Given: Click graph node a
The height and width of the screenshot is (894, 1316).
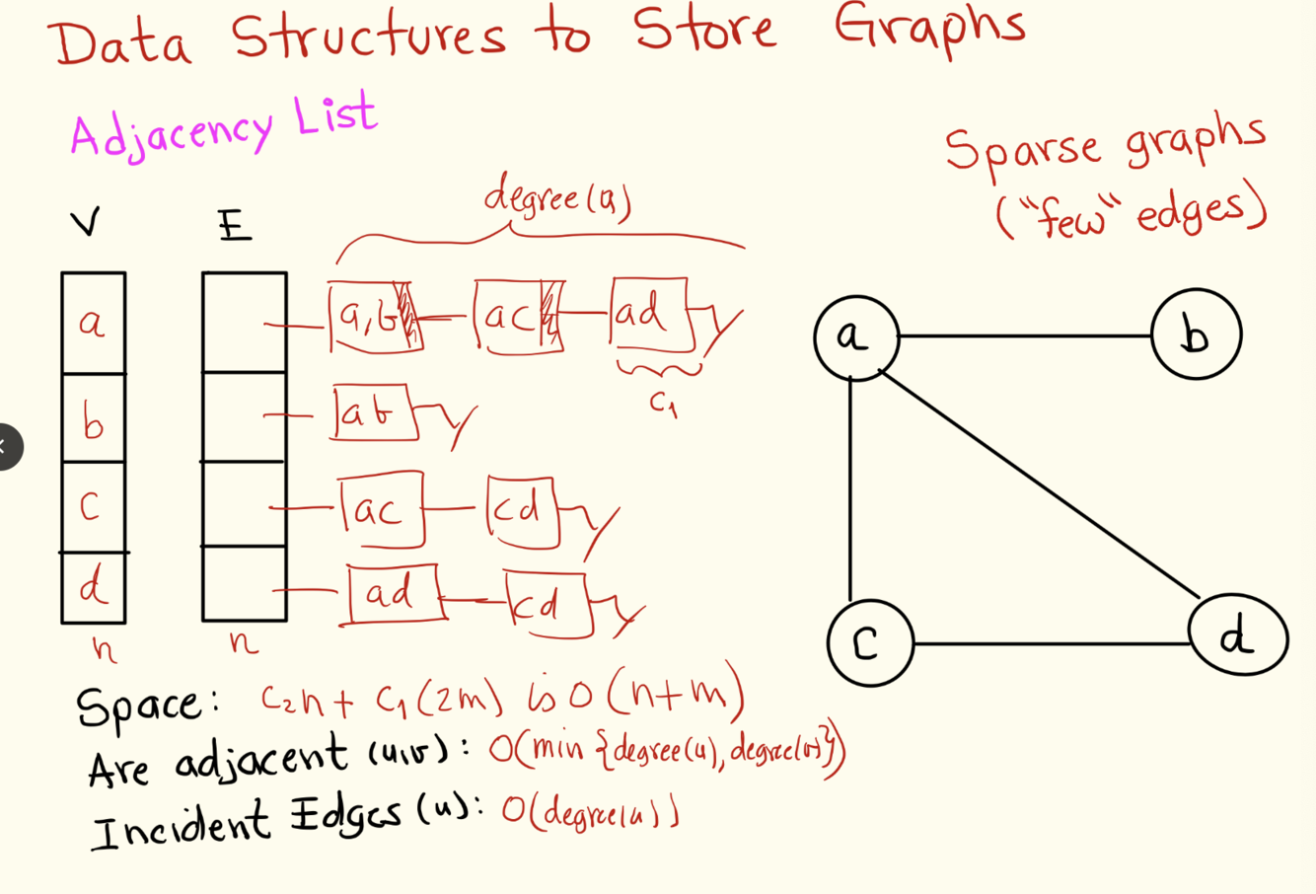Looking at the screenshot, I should point(855,337).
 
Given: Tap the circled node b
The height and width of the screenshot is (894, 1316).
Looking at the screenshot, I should point(1196,335).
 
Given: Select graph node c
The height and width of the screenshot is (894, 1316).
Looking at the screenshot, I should point(868,643).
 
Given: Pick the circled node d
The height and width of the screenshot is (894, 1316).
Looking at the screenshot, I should point(1237,637).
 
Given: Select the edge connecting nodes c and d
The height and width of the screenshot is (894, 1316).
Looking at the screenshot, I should point(1051,644).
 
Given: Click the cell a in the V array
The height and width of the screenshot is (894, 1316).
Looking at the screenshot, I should point(93,323).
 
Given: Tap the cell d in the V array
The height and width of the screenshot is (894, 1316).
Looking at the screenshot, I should point(93,588).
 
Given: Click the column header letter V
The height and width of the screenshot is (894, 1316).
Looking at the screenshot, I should point(86,224).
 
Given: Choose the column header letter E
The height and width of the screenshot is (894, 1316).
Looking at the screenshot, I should point(235,227).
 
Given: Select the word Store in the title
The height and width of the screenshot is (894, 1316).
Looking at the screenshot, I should point(703,30).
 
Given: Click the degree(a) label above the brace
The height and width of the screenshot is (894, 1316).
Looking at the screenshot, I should point(557,198).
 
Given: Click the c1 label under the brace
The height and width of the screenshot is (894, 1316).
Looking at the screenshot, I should point(663,404).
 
